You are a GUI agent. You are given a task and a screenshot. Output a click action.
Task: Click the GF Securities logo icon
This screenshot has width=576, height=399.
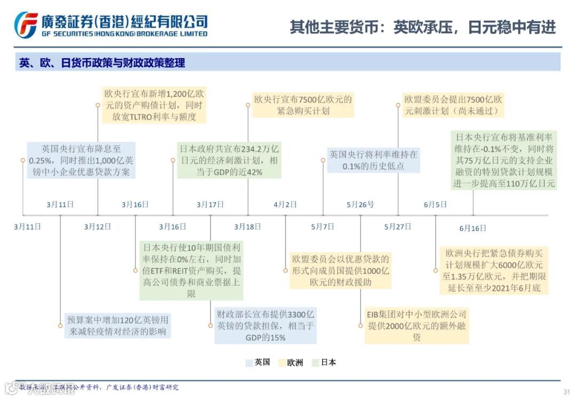[x=26, y=24]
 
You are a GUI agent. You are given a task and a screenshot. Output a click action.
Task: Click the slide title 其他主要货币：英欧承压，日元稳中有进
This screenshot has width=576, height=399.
[x=422, y=27]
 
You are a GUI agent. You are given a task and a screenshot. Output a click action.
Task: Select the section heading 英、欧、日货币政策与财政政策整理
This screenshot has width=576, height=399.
[x=102, y=62]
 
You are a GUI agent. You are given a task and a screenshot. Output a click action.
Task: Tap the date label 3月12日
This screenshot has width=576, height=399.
[x=98, y=227]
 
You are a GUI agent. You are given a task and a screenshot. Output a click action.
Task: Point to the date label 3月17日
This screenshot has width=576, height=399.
[x=210, y=204]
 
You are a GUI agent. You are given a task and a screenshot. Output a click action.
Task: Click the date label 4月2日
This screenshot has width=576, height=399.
[x=285, y=204]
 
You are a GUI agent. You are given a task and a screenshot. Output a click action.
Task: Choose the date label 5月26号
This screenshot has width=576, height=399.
[x=360, y=204]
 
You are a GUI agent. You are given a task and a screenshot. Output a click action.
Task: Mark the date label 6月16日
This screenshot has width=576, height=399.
[x=473, y=228]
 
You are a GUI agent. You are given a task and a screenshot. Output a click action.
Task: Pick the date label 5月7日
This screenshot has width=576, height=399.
[x=323, y=227]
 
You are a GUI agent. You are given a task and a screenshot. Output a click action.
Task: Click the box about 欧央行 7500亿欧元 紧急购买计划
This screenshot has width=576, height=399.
[x=303, y=105]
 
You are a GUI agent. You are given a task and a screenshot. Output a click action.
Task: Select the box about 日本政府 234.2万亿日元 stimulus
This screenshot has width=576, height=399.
[x=229, y=159]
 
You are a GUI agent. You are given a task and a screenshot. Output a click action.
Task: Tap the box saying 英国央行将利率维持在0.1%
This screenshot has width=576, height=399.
[x=373, y=159]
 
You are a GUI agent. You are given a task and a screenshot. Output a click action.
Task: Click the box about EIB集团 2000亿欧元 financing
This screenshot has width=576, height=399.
[x=416, y=326]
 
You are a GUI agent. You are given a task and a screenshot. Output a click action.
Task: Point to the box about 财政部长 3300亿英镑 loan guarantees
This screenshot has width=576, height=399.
[x=265, y=325]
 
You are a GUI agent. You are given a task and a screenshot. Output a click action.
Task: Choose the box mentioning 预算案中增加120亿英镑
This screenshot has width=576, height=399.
[x=117, y=325]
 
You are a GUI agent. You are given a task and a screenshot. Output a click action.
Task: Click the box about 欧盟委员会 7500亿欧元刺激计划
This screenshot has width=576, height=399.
[x=453, y=105]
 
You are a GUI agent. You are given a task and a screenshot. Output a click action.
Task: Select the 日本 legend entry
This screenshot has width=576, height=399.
[x=324, y=363]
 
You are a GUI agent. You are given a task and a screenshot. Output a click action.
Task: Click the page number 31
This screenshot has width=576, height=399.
[x=566, y=392]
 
